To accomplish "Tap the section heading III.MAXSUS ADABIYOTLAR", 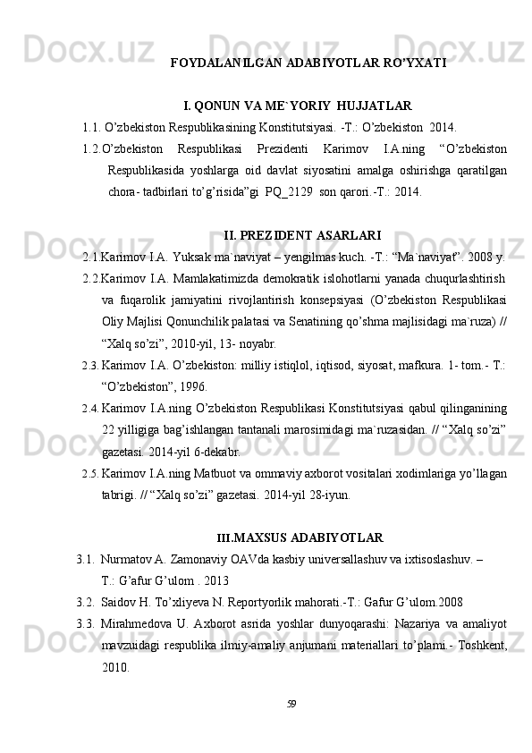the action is click(300, 538).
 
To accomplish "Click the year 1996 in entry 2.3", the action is click(191, 386).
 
